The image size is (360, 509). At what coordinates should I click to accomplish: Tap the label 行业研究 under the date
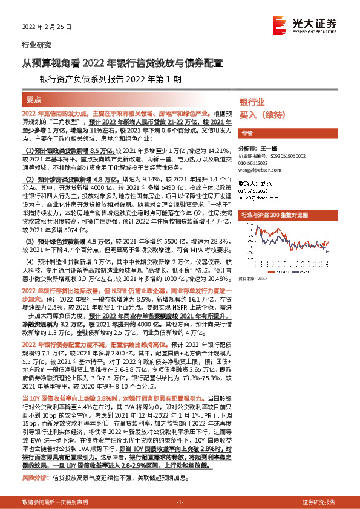(x=36, y=45)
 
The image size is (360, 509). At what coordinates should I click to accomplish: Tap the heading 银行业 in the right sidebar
(x=252, y=102)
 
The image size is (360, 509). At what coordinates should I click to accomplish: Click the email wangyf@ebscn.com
(x=258, y=170)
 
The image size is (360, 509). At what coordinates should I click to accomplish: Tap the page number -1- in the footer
(x=179, y=502)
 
